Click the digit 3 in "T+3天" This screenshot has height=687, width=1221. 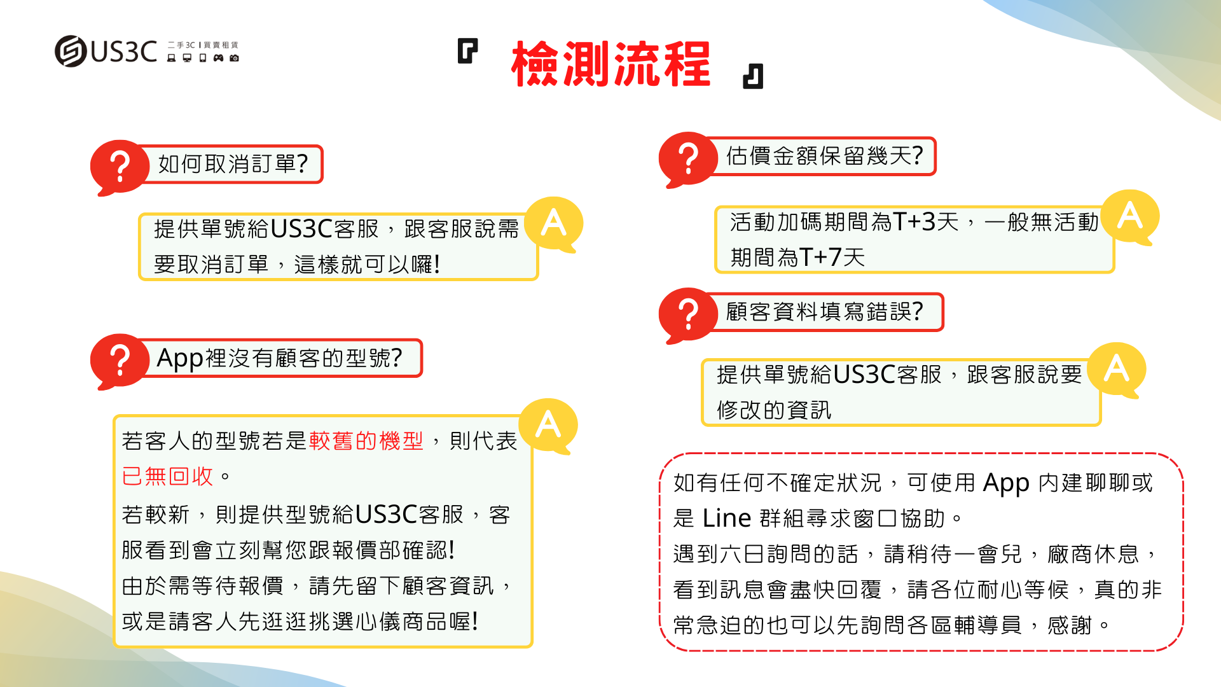928,222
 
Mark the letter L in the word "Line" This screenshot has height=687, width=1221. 708,518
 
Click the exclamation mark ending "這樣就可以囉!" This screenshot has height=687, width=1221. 436,264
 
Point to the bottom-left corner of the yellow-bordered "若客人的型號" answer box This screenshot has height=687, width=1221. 114,647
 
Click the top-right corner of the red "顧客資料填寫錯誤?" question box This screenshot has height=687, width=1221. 943,294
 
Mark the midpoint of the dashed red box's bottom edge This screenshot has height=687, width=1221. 921,650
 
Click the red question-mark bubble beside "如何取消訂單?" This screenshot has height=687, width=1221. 118,167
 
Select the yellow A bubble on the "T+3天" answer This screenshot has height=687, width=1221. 1130,217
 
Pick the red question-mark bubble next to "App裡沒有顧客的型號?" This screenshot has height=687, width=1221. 118,361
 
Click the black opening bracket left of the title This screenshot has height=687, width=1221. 467,51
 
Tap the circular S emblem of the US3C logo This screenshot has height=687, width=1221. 70,51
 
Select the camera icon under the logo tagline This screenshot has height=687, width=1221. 234,58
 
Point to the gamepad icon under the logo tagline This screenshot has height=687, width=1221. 218,58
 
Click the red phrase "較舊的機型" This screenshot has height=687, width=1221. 366,440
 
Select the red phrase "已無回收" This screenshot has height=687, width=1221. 167,476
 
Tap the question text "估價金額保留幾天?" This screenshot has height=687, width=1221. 824,156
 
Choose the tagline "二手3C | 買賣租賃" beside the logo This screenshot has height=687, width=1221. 203,45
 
